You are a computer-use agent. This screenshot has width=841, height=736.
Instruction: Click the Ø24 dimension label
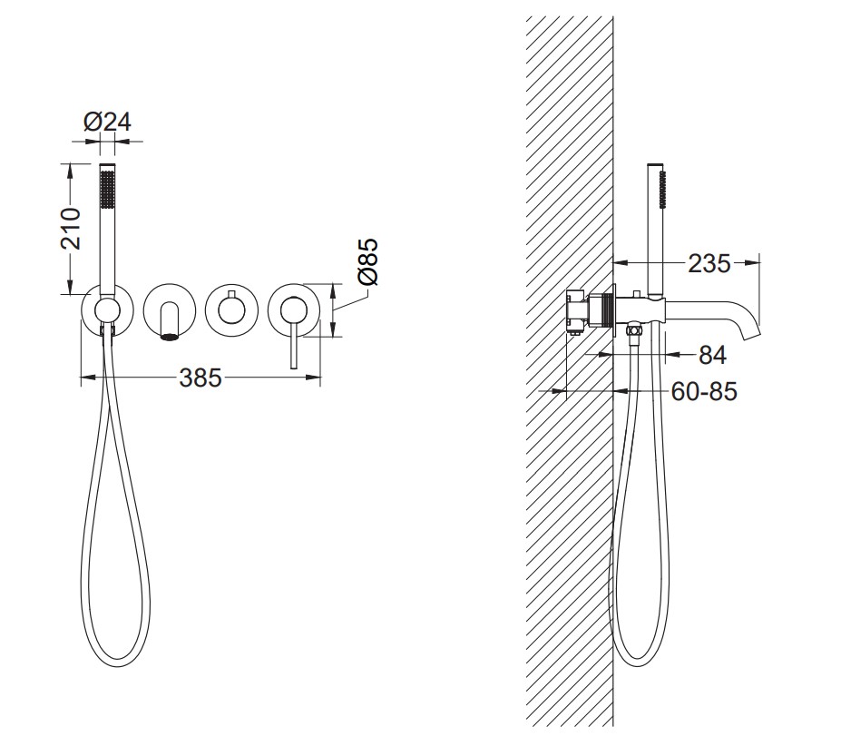point(107,122)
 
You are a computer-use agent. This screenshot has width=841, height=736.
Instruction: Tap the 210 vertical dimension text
point(71,229)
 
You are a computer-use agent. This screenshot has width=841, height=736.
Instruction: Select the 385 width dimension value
point(200,378)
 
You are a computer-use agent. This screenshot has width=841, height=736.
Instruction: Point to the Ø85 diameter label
point(367,261)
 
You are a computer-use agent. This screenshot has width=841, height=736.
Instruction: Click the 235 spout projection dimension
point(709,263)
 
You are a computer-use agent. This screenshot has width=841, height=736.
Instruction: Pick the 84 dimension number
point(713,355)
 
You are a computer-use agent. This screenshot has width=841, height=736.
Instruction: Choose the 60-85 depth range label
point(704,392)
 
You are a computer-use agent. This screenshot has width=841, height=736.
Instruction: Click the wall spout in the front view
point(169,320)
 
